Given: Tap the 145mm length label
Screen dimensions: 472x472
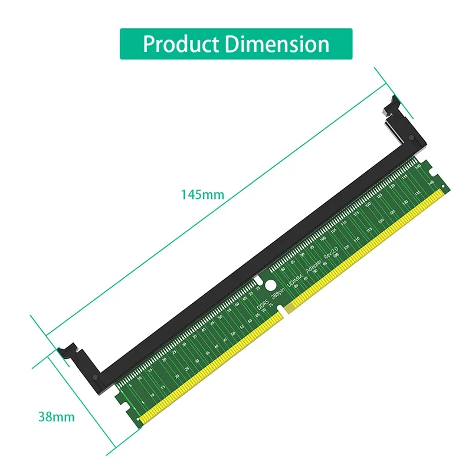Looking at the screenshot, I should [202, 195].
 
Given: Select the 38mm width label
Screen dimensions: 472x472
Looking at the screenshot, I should [57, 417].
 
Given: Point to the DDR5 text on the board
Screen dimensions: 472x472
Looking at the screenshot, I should [262, 303].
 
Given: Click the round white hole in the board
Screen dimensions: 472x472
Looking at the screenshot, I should [269, 285].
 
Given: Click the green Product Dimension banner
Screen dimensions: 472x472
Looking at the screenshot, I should [236, 44].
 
